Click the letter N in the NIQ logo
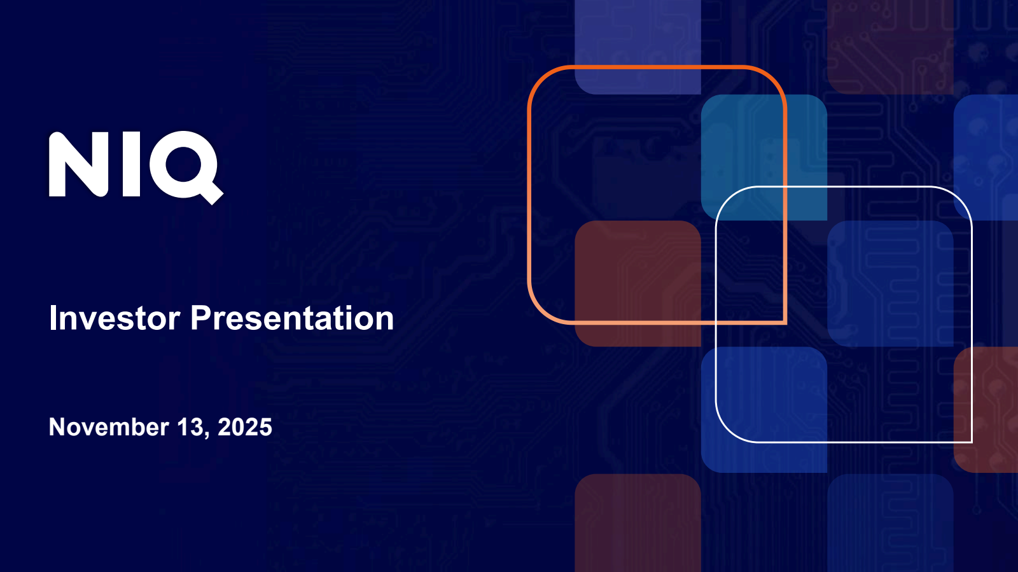pos(78,165)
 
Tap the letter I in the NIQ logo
pos(131,165)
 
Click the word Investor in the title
pos(115,318)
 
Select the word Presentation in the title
pos(292,318)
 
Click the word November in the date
pos(109,426)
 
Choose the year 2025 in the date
pos(245,426)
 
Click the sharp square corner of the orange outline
pos(786,323)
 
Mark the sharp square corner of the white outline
pos(971,442)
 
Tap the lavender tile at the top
pos(638,47)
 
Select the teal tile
pos(764,158)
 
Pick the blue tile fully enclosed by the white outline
pos(890,283)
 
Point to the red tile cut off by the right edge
pos(986,410)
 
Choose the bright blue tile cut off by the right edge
pos(986,158)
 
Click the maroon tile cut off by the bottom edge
pos(638,523)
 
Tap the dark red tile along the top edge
pos(890,47)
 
